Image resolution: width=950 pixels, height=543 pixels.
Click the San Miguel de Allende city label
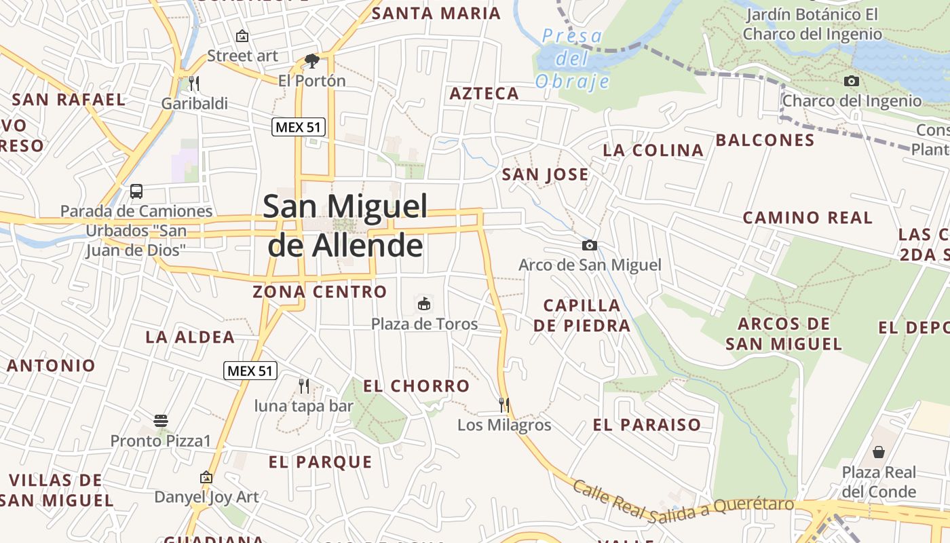[345, 225]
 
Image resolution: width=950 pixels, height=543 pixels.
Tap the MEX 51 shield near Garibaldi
[299, 126]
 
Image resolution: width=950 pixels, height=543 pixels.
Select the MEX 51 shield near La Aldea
[250, 371]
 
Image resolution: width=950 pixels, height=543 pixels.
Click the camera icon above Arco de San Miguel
[589, 245]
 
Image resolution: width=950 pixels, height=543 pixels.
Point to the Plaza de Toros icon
[424, 303]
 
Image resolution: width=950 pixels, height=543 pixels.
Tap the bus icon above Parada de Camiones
[136, 191]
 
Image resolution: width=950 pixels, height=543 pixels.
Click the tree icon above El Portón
[311, 61]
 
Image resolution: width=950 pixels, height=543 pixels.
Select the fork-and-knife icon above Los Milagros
[503, 405]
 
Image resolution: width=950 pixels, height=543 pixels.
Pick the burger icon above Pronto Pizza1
[161, 421]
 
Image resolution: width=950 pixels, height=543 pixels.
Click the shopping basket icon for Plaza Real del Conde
[879, 451]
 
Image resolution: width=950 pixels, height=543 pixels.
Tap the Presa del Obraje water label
[573, 59]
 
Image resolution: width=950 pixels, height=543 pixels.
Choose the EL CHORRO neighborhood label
[417, 386]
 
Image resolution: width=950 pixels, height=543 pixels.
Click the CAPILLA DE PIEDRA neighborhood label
[582, 316]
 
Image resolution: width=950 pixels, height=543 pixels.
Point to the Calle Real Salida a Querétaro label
[683, 504]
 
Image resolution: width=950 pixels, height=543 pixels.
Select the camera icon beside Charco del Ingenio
[851, 81]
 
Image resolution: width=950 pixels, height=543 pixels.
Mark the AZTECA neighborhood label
[484, 94]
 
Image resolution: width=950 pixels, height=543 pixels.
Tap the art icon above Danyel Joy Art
[206, 477]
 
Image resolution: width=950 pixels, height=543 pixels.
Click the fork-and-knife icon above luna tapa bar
[304, 386]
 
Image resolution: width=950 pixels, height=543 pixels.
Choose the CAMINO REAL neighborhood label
[807, 218]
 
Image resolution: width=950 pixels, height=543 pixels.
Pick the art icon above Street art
[242, 36]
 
